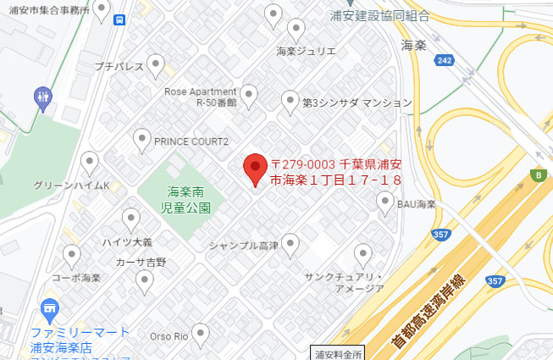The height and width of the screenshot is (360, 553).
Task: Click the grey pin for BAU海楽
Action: click(384, 203)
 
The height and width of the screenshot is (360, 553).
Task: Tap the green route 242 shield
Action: click(445, 59)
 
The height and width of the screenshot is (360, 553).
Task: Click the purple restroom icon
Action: click(44, 98)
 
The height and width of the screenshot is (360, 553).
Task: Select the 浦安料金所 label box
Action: click(338, 353)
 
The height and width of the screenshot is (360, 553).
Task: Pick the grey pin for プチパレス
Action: click(155, 64)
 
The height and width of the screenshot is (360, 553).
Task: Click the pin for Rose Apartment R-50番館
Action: click(249, 96)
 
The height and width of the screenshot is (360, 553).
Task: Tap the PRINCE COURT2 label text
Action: click(191, 141)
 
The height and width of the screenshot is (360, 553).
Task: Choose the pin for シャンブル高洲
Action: click(291, 246)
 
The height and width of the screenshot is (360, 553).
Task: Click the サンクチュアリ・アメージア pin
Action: click(363, 254)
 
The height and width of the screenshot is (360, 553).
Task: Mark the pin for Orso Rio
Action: click(200, 334)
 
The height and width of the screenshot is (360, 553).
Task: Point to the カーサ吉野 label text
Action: click(141, 262)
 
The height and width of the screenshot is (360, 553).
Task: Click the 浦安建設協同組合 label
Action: click(379, 15)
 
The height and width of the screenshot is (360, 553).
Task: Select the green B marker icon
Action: click(537, 175)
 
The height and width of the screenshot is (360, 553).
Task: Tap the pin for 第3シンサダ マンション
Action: click(290, 101)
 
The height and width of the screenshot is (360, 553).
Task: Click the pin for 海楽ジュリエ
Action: click(296, 30)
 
